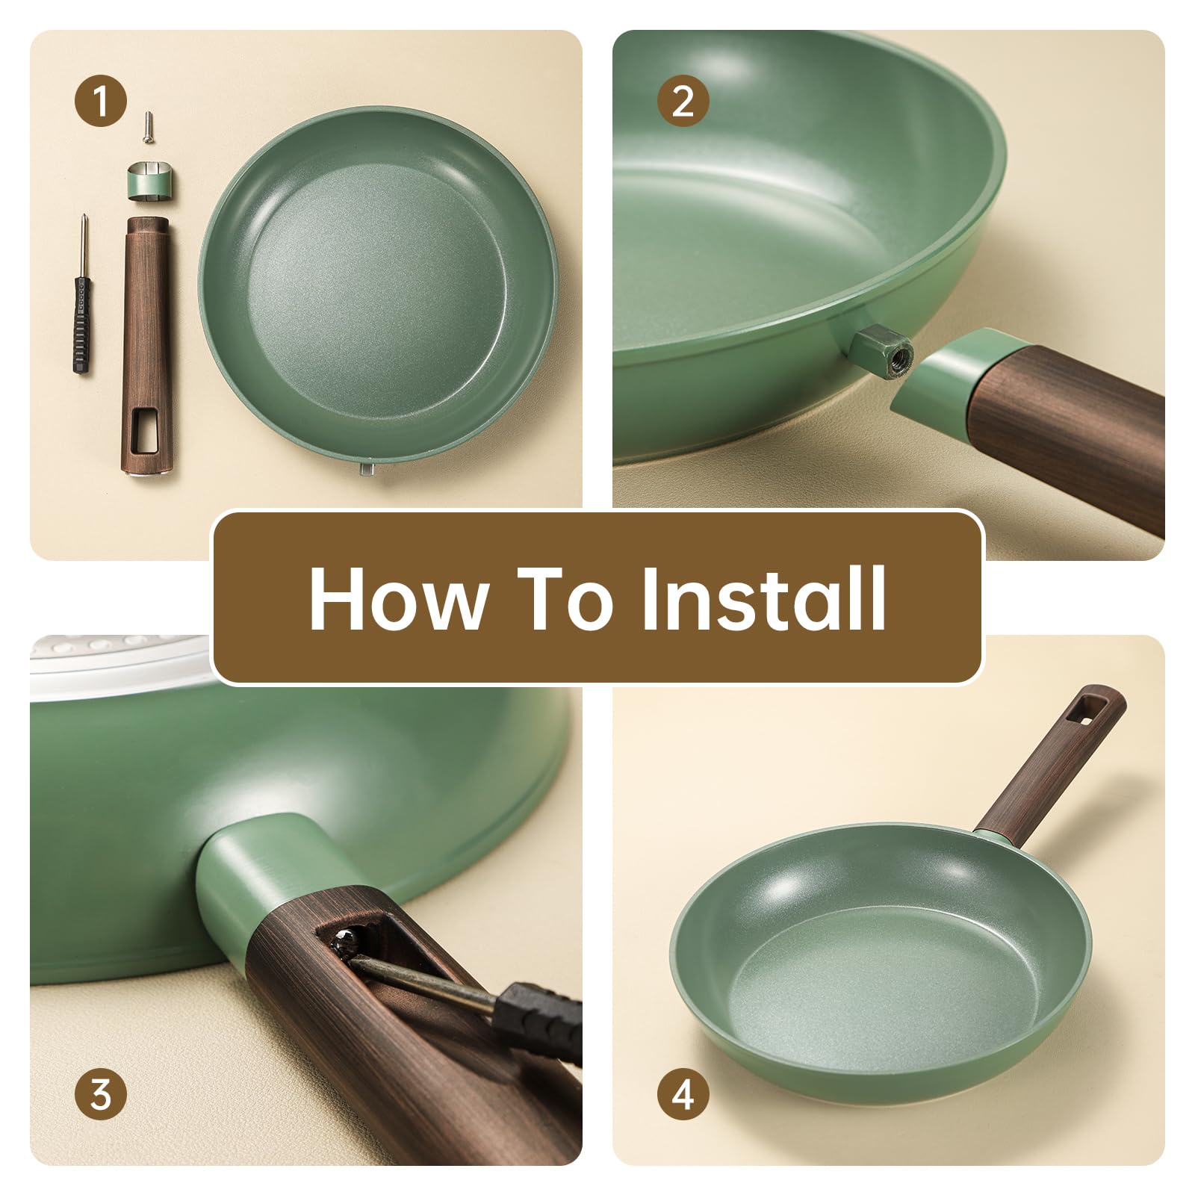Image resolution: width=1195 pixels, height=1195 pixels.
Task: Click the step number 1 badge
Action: coord(101,102)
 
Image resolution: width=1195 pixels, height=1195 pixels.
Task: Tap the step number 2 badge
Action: coord(683,102)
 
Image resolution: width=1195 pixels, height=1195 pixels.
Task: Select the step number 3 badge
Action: coord(101,1096)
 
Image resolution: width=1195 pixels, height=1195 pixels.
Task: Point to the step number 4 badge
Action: coord(683,1096)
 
